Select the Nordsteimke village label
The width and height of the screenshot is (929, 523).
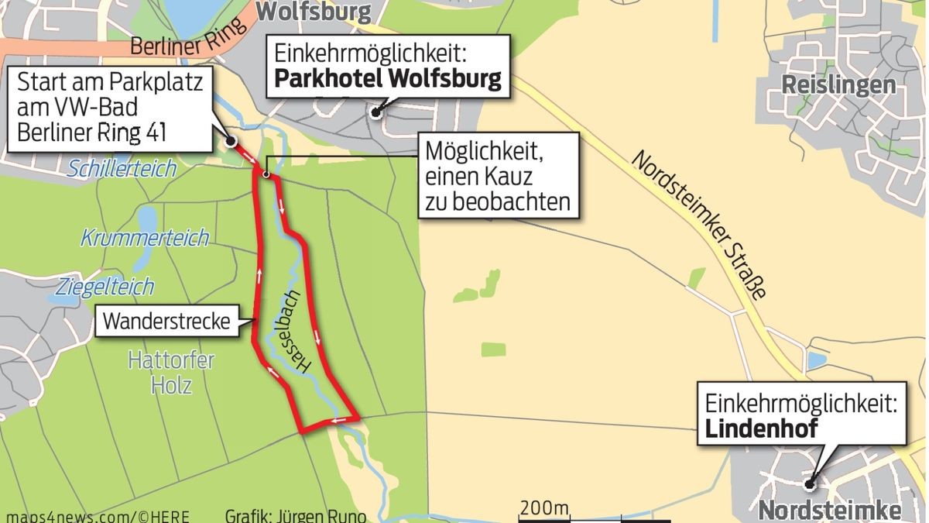coord(829,511)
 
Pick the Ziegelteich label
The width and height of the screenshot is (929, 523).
coord(105,287)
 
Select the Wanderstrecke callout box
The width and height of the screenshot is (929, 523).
coord(177,321)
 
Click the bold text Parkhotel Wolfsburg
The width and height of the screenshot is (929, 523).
coord(388,79)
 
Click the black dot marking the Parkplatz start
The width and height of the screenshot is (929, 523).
coord(231,141)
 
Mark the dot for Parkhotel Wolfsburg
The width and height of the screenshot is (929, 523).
coord(375,112)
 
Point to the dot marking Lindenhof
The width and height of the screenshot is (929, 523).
coord(808,485)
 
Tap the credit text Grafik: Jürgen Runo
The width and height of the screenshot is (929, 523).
coord(295,515)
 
